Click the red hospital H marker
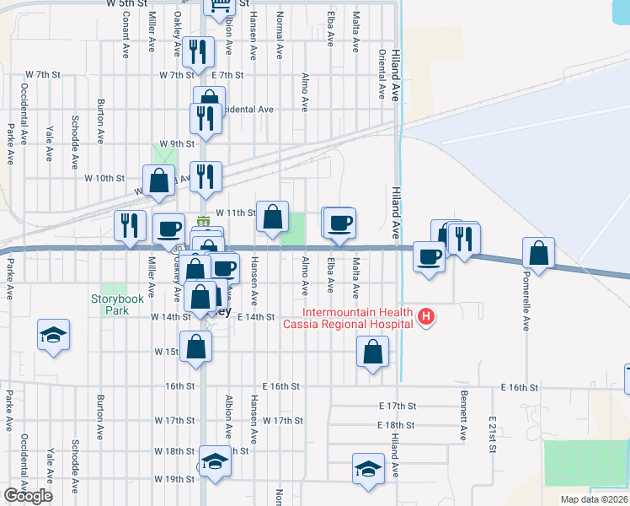(427, 317)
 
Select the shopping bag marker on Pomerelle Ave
(538, 252)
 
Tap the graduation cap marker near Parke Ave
(53, 334)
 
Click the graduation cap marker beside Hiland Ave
(368, 468)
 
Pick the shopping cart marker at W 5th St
(218, 7)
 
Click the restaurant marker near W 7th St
(197, 52)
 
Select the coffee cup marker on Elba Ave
(340, 223)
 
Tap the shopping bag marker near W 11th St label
(272, 217)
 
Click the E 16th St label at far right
(519, 387)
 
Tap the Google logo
(28, 496)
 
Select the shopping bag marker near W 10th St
(158, 180)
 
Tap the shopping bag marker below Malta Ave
(372, 352)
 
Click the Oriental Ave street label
(382, 74)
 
